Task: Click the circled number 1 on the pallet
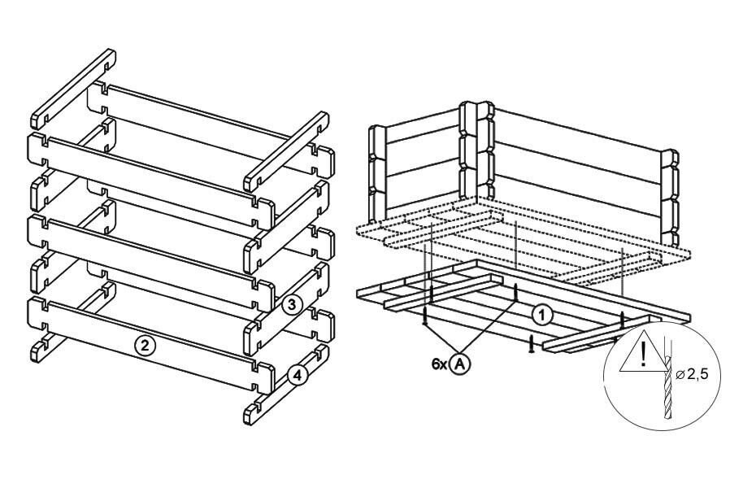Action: point(542,316)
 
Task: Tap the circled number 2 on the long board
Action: point(145,345)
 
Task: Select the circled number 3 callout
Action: point(292,305)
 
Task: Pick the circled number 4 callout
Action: point(298,375)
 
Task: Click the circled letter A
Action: point(460,364)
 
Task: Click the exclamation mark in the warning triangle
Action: point(643,354)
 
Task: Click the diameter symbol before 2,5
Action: point(680,373)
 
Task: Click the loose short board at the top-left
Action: point(73,89)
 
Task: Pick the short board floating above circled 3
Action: point(286,151)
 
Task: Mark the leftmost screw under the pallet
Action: point(425,316)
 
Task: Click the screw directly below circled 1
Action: point(530,344)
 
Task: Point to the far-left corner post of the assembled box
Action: point(377,176)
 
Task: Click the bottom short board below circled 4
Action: point(286,385)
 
